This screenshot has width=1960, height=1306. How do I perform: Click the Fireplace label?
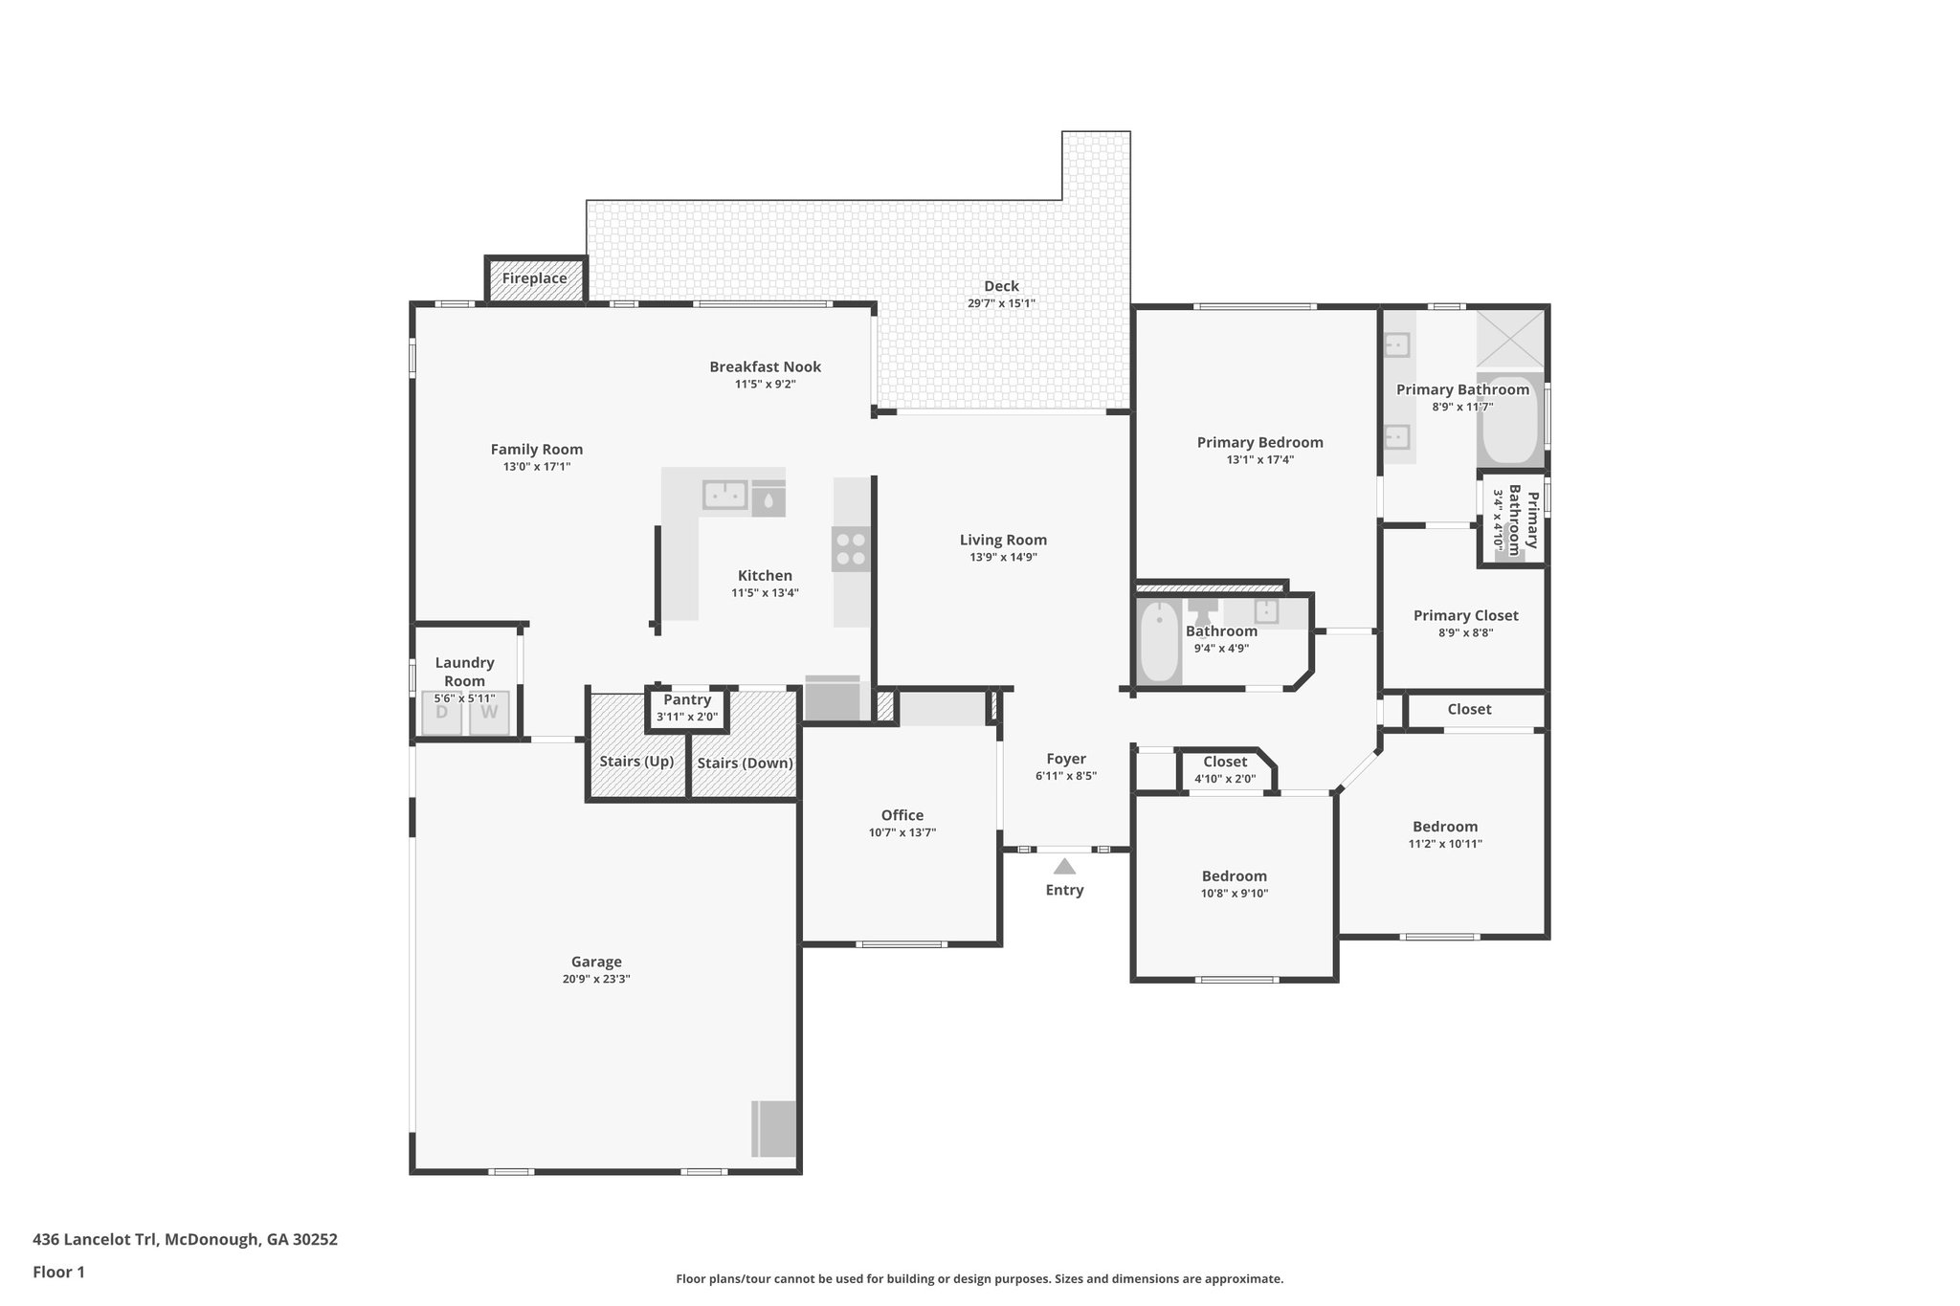coord(534,278)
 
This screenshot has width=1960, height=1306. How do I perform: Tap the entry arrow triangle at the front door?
coord(1064,867)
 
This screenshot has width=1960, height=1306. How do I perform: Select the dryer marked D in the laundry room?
coord(442,713)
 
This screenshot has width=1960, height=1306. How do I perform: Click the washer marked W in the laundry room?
coord(489,713)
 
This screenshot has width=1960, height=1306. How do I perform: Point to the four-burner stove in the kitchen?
coord(851,549)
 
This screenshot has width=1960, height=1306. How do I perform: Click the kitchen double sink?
coord(724,496)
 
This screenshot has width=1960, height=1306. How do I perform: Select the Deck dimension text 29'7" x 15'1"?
coord(1001,303)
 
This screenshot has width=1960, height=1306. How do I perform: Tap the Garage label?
coord(596,962)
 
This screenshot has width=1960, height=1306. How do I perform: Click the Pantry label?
coord(687,699)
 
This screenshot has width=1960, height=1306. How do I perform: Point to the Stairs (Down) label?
coord(745,763)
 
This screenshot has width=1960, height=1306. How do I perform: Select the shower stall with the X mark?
coord(1509,339)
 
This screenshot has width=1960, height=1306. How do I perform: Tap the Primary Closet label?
coord(1465,615)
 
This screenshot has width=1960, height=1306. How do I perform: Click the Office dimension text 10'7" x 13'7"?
coord(902,832)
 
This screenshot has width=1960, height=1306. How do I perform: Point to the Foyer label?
coord(1065,759)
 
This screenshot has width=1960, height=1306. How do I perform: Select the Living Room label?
coord(1003,540)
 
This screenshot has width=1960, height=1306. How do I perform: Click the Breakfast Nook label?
coord(765,366)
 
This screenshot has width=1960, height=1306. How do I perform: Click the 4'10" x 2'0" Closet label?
coord(1224,762)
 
